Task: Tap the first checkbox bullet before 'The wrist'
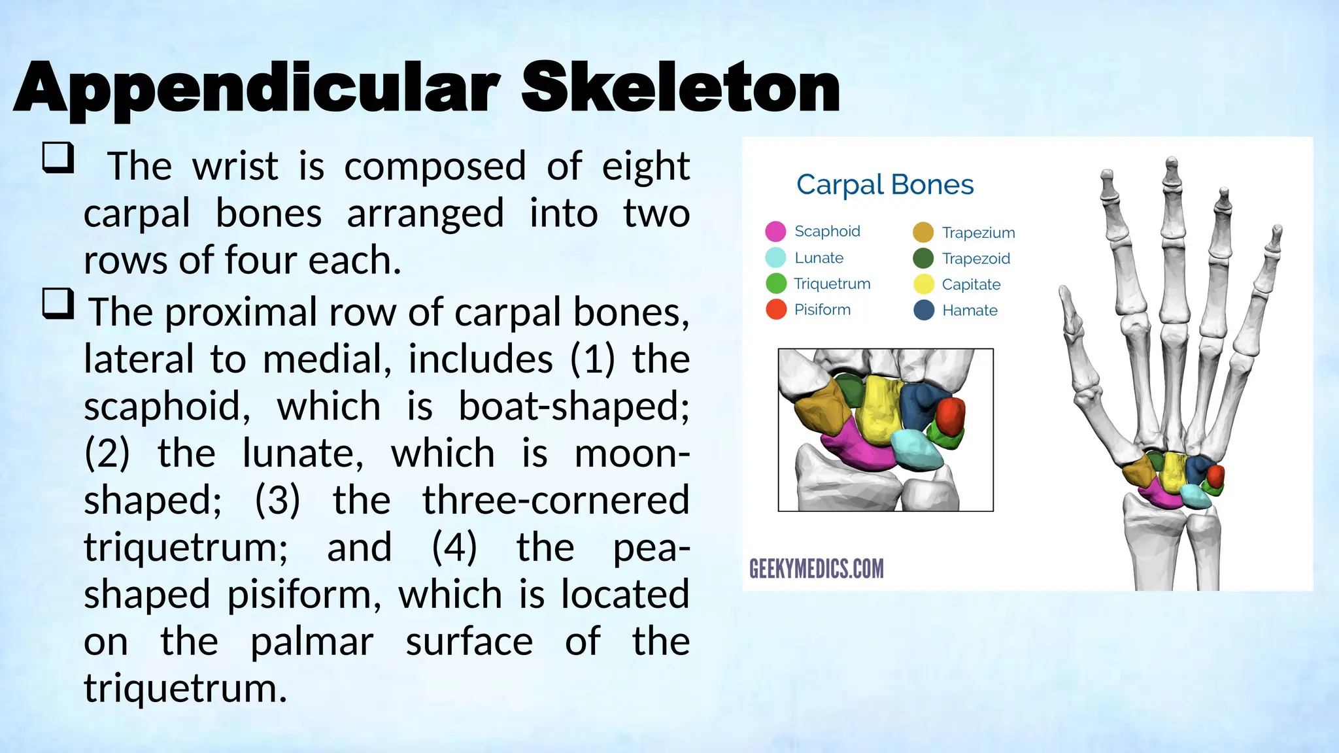click(x=58, y=158)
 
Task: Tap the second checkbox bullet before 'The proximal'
click(x=58, y=303)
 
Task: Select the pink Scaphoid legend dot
click(x=775, y=231)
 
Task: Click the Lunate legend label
click(x=819, y=258)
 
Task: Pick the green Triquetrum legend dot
click(x=775, y=284)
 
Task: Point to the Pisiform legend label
click(x=822, y=310)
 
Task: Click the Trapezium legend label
click(x=978, y=233)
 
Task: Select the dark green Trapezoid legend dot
click(x=923, y=258)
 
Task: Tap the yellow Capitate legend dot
click(x=923, y=284)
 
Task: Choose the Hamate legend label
click(x=970, y=310)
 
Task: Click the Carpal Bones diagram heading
click(x=885, y=185)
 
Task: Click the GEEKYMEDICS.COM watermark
click(x=816, y=569)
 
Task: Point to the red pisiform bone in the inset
click(x=951, y=415)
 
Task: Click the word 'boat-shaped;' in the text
click(x=573, y=407)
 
